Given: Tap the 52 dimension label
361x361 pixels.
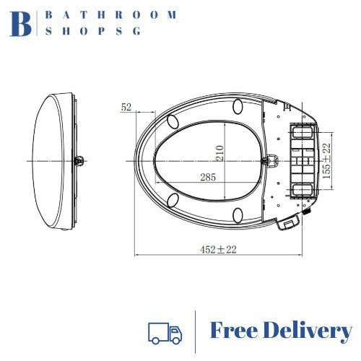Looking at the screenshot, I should (x=126, y=107).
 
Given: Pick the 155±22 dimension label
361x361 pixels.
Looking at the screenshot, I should (x=327, y=160).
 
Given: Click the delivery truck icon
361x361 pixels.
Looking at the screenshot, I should (x=165, y=332).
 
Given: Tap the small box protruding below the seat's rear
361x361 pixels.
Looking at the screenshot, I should (x=289, y=225).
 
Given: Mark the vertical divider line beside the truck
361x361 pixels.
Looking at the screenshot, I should (x=196, y=331).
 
